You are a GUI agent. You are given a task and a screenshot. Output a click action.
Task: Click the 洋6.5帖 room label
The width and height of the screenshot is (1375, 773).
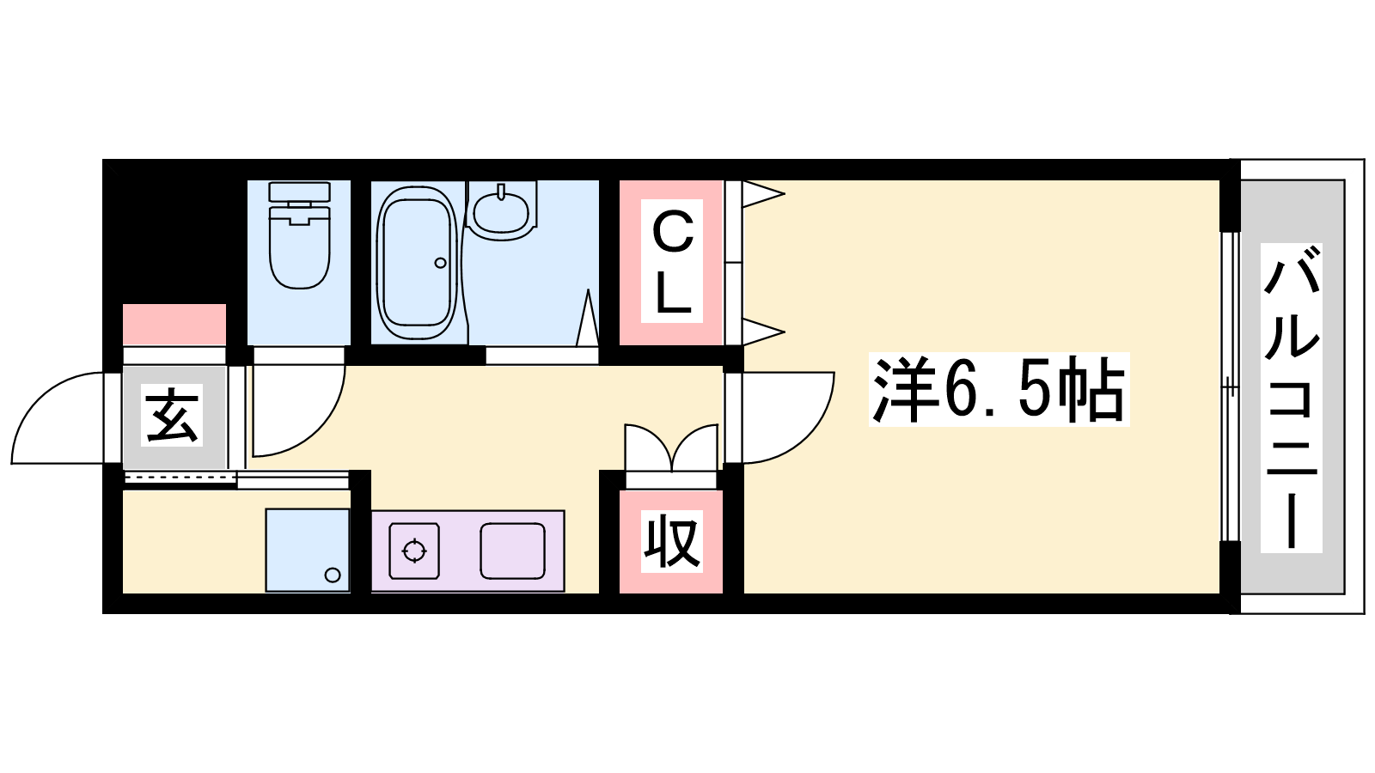[x=999, y=390]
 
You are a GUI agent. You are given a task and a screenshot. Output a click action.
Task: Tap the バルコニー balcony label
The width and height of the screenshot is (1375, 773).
[x=1291, y=397]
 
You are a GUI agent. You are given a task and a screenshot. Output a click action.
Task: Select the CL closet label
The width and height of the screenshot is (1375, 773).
[x=673, y=261]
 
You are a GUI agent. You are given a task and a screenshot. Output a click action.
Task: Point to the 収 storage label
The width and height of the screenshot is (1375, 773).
[x=671, y=542]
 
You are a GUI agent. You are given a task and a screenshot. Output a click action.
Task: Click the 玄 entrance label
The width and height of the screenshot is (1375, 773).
[x=171, y=415]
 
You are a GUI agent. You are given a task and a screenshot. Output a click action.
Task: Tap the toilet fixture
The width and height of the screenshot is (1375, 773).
[x=299, y=235]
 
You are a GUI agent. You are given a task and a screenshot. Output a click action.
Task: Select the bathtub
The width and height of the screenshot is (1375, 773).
[x=418, y=263]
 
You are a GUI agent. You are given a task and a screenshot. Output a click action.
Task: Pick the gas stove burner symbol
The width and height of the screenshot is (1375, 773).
[x=414, y=551]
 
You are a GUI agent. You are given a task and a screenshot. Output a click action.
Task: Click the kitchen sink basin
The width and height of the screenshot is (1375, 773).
[x=512, y=551]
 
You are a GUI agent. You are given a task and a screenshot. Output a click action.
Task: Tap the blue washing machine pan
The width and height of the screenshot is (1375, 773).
[x=308, y=551]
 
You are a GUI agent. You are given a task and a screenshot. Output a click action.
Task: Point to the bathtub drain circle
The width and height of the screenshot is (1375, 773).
[x=440, y=263]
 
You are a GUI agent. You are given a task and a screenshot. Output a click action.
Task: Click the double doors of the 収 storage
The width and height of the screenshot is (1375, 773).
[x=671, y=447]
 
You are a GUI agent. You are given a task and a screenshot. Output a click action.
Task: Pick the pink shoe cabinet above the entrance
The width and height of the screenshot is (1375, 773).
[x=174, y=325]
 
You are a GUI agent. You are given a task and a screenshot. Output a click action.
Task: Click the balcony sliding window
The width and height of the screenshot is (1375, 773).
[x=1230, y=386]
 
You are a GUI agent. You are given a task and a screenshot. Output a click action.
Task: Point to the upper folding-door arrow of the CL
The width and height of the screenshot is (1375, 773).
[x=763, y=194]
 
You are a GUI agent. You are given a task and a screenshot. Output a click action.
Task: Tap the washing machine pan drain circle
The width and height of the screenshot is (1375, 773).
[x=333, y=575]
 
